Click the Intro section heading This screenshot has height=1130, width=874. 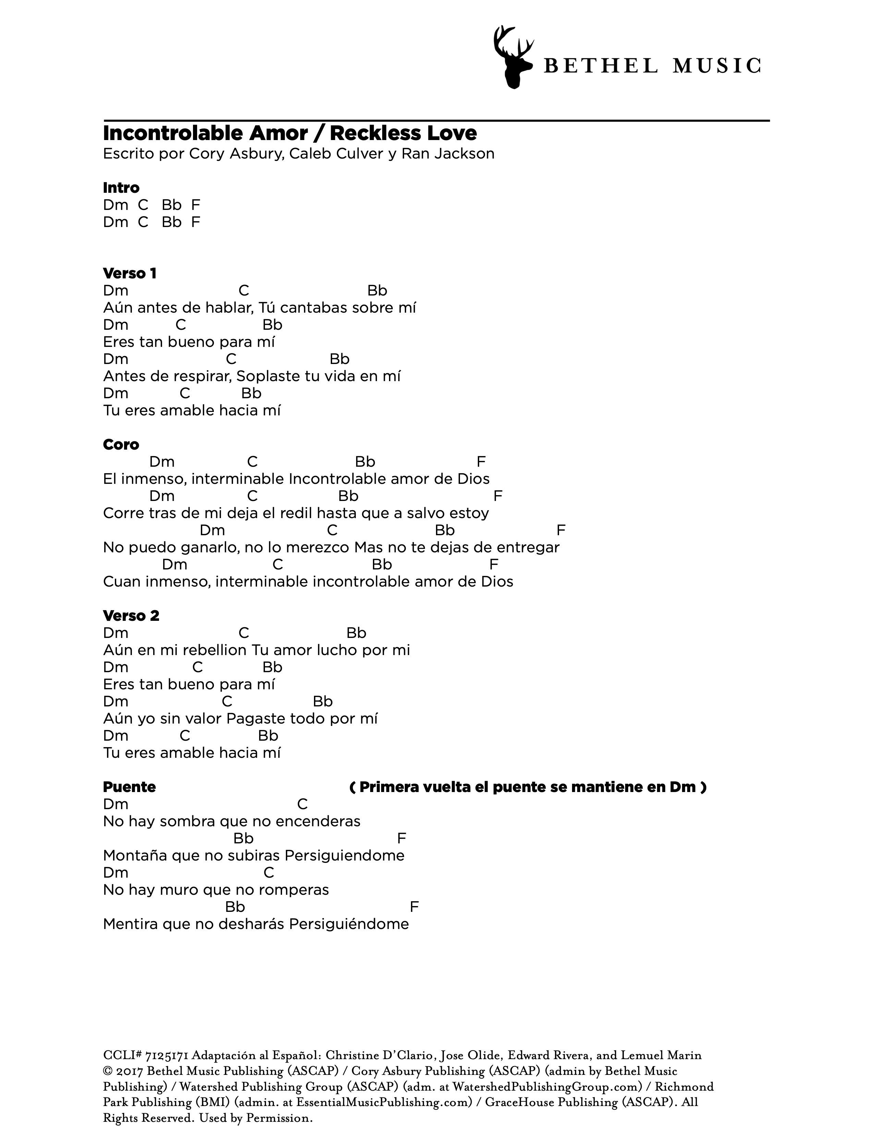[x=121, y=187]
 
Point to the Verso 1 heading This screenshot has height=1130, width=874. [x=130, y=273]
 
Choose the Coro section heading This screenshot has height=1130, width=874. [x=121, y=444]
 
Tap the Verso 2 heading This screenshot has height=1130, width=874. [x=131, y=616]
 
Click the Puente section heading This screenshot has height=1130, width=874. [x=130, y=787]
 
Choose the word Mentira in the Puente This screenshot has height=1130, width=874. [x=131, y=924]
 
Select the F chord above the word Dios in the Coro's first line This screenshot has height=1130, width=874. [x=481, y=462]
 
